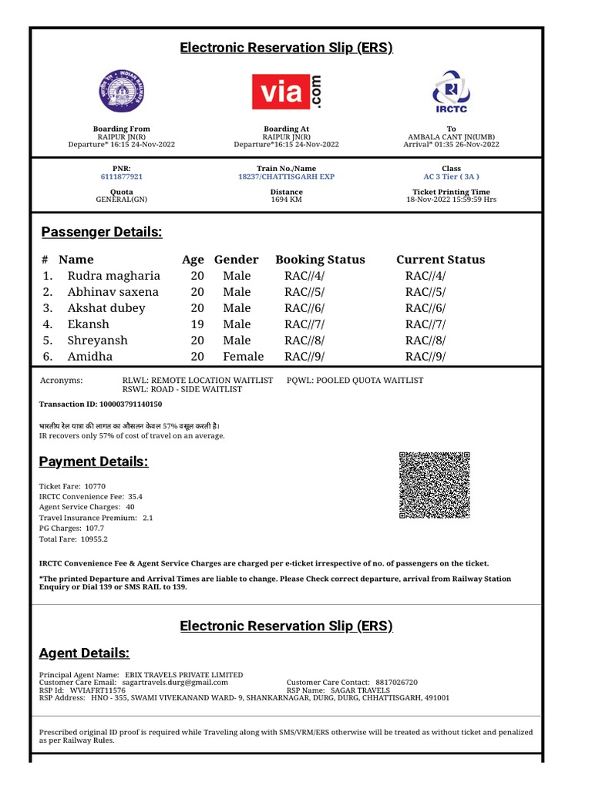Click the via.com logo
(x=287, y=92)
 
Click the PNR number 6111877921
(x=122, y=176)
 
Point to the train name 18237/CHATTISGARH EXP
(x=286, y=176)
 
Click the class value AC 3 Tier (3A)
(x=451, y=176)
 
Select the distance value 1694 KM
(x=286, y=200)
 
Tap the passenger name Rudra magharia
(x=114, y=276)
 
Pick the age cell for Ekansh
(x=197, y=324)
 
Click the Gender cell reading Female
(x=243, y=357)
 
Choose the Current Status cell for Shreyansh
(x=425, y=341)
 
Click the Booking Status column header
(x=320, y=260)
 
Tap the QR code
(x=434, y=485)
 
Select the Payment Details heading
(x=93, y=462)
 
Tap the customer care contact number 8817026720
(x=396, y=683)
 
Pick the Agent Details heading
(x=84, y=653)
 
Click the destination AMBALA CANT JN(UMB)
(x=451, y=136)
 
